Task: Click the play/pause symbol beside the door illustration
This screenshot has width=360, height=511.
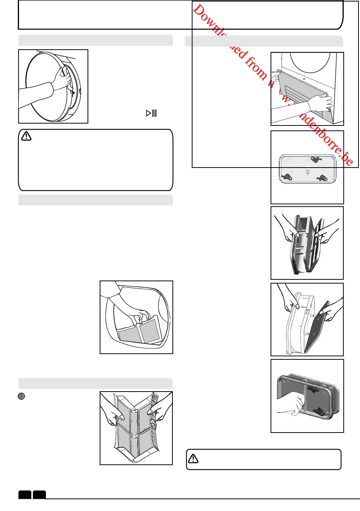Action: (x=151, y=113)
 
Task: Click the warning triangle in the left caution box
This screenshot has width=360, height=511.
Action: (x=27, y=136)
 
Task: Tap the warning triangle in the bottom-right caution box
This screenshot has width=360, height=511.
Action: (x=193, y=459)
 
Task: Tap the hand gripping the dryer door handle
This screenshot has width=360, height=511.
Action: (x=63, y=78)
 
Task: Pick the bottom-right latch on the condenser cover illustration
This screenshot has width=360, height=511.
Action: (x=322, y=177)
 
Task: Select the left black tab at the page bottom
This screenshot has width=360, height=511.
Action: (x=25, y=495)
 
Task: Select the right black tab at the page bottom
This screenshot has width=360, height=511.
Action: (x=39, y=495)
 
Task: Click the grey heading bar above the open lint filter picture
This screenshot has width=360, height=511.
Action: (x=95, y=383)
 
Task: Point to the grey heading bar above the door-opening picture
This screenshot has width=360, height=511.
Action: (x=95, y=40)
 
